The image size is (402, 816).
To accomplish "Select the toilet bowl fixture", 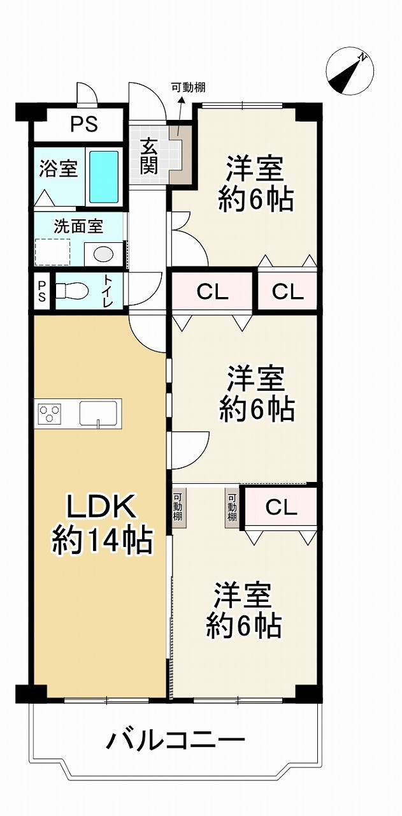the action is (x=72, y=291).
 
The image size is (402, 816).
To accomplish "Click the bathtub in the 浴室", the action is (x=104, y=177).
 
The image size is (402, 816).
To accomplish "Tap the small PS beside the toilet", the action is (x=42, y=291).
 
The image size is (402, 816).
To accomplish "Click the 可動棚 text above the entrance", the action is (x=189, y=88).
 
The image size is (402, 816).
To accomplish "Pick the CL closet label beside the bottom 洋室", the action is (x=281, y=507).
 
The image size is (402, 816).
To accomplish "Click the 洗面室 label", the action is (x=78, y=226).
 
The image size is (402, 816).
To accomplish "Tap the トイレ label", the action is (x=108, y=291).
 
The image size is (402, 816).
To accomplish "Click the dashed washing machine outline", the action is (x=52, y=252).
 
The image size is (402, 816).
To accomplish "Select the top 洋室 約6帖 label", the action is (x=255, y=184).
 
